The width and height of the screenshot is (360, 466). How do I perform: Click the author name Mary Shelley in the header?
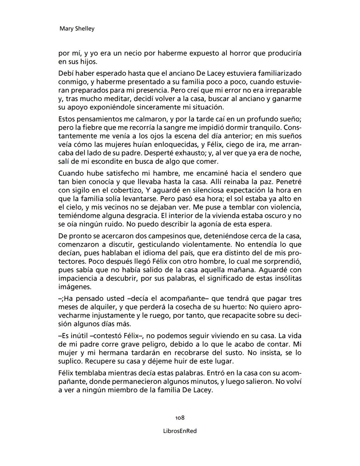tap(77, 29)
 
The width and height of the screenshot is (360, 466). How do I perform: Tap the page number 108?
tap(180, 418)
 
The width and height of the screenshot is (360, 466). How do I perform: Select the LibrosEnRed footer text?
tap(180, 431)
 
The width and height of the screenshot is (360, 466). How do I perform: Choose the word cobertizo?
tap(124, 190)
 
